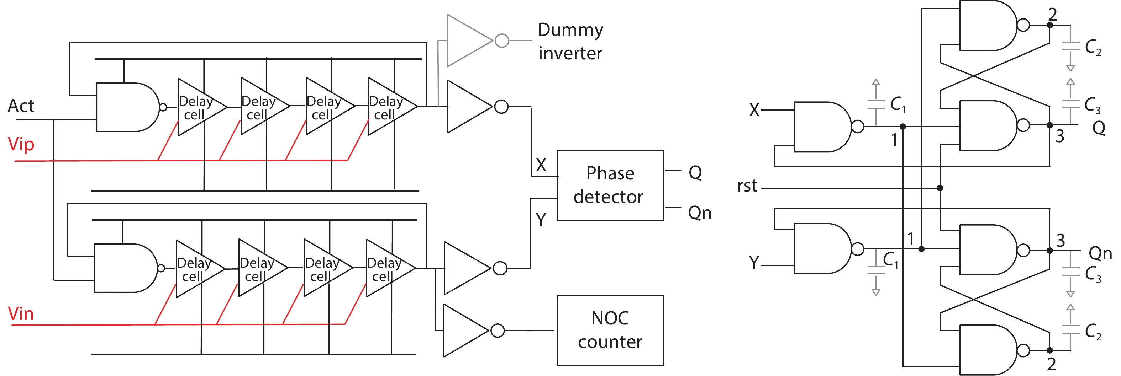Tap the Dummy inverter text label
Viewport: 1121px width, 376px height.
click(570, 41)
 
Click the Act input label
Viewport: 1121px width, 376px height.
click(21, 106)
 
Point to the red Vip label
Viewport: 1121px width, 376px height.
click(21, 144)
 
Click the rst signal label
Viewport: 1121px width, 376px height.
click(747, 186)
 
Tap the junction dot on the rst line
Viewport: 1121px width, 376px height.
click(940, 188)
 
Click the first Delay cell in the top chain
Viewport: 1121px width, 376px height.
click(199, 107)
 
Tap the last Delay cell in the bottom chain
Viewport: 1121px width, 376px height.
click(387, 268)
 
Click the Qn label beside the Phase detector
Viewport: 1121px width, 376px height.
click(699, 213)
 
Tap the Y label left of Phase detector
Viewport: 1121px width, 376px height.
click(541, 220)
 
